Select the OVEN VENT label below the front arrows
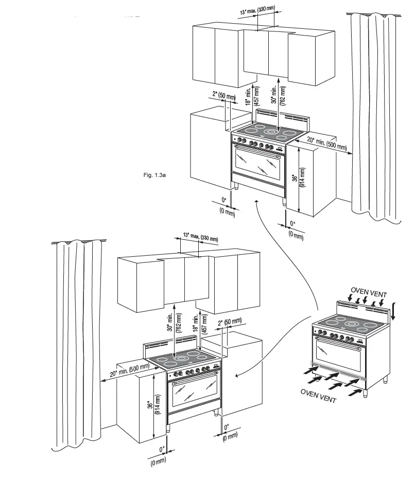pos(318,396)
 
